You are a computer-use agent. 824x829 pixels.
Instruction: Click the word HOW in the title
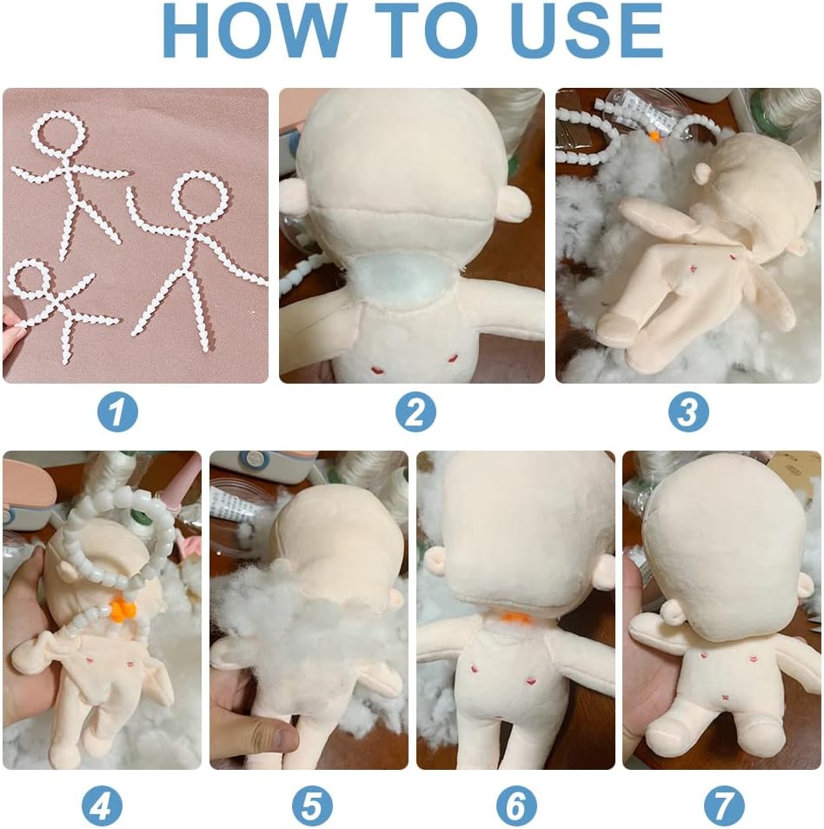tap(254, 30)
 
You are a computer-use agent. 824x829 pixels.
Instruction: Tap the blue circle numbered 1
tap(117, 411)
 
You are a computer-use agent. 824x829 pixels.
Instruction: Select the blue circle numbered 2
tap(415, 411)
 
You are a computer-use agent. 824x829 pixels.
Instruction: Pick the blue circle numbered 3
tap(688, 411)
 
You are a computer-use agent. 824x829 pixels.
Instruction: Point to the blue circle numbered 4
tap(102, 806)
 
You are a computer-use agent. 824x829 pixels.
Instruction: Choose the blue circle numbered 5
tap(312, 806)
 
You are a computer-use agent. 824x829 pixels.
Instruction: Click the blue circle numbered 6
tap(516, 806)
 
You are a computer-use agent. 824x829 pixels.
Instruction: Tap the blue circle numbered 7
tap(724, 806)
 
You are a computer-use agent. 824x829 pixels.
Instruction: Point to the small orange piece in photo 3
tap(655, 137)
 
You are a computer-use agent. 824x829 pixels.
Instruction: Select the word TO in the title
tap(429, 30)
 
